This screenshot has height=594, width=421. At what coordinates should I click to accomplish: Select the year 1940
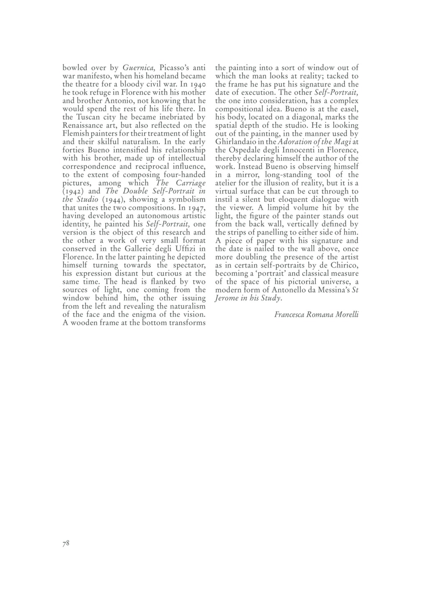pyautogui.click(x=196, y=84)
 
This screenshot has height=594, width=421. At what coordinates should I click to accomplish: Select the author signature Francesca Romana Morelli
pyautogui.click(x=316, y=315)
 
